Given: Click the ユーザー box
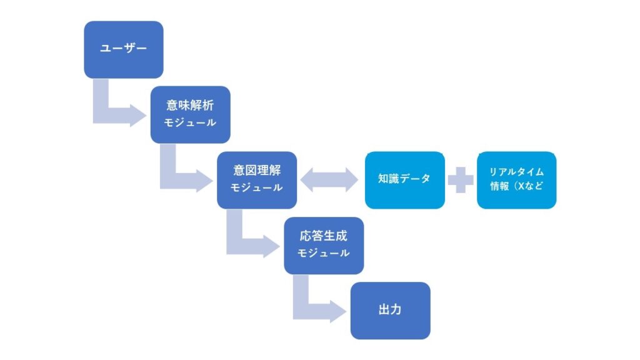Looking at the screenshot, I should point(124,49).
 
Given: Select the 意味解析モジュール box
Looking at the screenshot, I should point(190,114).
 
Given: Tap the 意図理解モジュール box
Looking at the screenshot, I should point(257,179).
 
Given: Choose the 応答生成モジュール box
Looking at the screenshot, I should point(323,245).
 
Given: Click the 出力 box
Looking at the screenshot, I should point(390,311).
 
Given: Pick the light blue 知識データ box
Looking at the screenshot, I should point(404,180).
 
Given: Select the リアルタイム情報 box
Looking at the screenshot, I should point(516,180).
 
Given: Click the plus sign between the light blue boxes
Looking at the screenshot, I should point(461,180).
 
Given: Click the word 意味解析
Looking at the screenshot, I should point(190,106).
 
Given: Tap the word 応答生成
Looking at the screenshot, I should point(323,237).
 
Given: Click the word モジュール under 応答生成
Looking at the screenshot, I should point(323,254).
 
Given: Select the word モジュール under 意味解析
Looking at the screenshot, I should point(190,123).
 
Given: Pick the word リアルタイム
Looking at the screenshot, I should point(516,172).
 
